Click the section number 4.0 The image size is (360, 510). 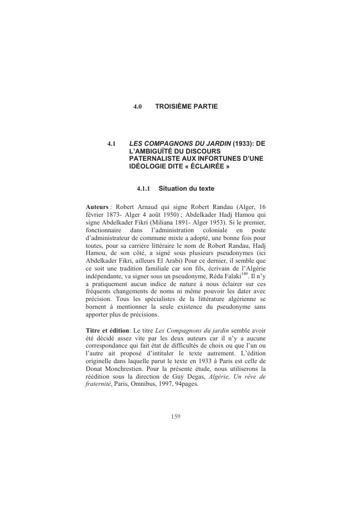pyautogui.click(x=138, y=105)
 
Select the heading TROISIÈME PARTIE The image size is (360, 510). pyautogui.click(x=187, y=105)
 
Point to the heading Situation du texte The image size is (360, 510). pyautogui.click(x=186, y=188)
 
